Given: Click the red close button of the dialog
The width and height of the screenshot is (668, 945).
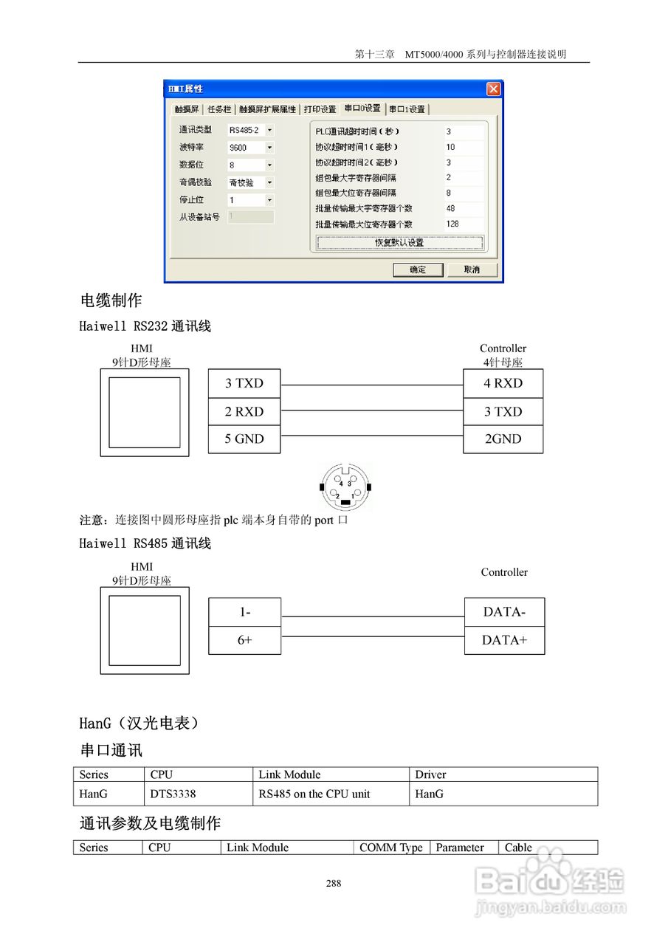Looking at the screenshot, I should click(x=493, y=89).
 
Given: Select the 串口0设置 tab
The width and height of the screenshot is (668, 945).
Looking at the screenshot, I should click(x=362, y=109).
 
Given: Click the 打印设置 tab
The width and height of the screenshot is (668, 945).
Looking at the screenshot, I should click(x=320, y=109).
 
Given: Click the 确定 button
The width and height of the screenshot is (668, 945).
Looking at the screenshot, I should click(x=418, y=269).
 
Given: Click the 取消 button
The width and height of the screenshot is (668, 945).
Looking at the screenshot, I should click(x=472, y=269).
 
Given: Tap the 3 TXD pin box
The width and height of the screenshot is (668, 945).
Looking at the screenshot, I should click(x=244, y=383).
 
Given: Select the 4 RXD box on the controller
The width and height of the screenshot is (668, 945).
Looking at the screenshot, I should click(x=503, y=383).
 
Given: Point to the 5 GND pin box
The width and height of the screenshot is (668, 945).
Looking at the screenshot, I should click(x=244, y=439).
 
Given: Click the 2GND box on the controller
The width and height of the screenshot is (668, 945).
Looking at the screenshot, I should click(x=503, y=439).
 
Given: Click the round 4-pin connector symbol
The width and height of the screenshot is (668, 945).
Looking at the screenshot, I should click(x=345, y=487).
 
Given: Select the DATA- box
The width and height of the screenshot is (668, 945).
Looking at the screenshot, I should click(x=504, y=612).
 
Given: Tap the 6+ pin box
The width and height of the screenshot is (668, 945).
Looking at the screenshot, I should click(x=244, y=640).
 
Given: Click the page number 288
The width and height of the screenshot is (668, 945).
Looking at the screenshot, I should click(x=334, y=883).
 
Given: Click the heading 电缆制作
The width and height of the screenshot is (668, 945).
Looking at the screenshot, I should click(x=111, y=300).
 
